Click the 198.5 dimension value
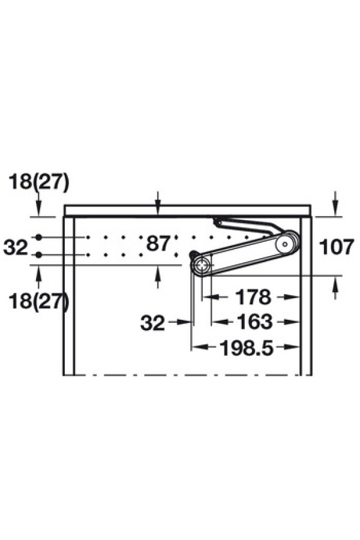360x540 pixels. coord(247,348)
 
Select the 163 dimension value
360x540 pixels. coord(254,322)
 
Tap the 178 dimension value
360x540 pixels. coord(253,297)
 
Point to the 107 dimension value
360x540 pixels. coord(337,247)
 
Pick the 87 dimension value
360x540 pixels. coord(158,244)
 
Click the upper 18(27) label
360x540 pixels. coord(38,182)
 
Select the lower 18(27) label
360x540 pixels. coord(38,302)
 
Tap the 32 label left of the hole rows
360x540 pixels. coord(16,247)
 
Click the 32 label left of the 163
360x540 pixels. coord(152,323)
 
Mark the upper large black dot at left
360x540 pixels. coord(38,237)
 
